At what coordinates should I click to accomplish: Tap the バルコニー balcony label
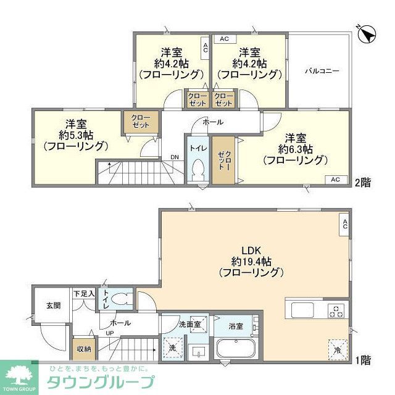(322, 71)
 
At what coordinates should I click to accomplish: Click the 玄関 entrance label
(52, 305)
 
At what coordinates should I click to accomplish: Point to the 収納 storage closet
(83, 348)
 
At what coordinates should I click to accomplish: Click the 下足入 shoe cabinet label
(83, 294)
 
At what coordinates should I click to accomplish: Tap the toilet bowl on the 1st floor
(121, 301)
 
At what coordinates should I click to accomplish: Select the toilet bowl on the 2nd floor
(198, 168)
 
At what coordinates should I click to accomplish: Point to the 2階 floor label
(364, 183)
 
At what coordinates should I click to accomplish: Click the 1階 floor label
(364, 359)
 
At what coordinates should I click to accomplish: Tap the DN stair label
(175, 157)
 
